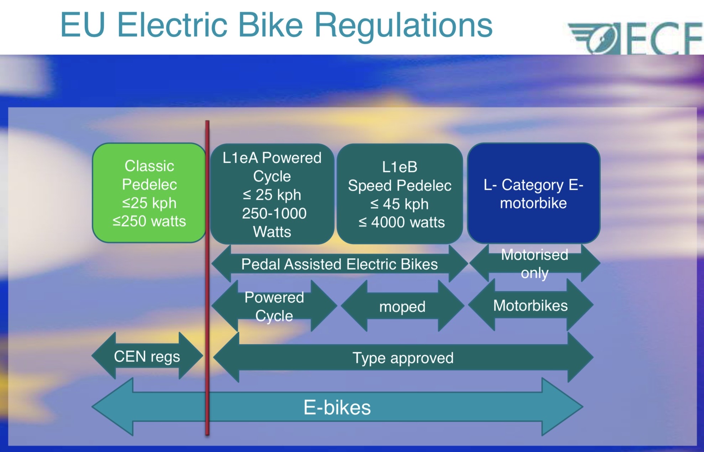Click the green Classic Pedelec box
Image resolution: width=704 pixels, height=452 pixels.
click(x=149, y=193)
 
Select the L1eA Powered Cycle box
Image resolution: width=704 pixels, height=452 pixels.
click(x=272, y=194)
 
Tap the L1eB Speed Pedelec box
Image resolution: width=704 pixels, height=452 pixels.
click(x=400, y=194)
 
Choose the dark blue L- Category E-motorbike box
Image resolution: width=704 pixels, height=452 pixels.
click(x=533, y=193)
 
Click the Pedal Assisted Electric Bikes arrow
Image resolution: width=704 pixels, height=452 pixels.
click(x=339, y=264)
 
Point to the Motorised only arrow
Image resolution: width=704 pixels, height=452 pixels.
click(x=534, y=264)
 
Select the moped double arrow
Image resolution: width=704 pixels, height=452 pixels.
click(x=402, y=306)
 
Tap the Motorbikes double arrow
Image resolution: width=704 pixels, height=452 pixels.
click(x=530, y=306)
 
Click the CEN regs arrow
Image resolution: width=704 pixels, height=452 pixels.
click(x=147, y=356)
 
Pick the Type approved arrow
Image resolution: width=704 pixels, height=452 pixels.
click(x=403, y=358)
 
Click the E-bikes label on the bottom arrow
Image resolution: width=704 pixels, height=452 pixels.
click(x=337, y=407)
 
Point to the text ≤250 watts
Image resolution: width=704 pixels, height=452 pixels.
click(x=149, y=221)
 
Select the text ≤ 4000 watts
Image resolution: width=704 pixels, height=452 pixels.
click(x=401, y=222)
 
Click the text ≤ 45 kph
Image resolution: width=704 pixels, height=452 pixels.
click(x=399, y=204)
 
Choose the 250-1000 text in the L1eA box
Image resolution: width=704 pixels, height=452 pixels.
click(x=274, y=213)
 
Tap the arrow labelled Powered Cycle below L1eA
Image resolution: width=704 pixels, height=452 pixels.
click(x=274, y=306)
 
